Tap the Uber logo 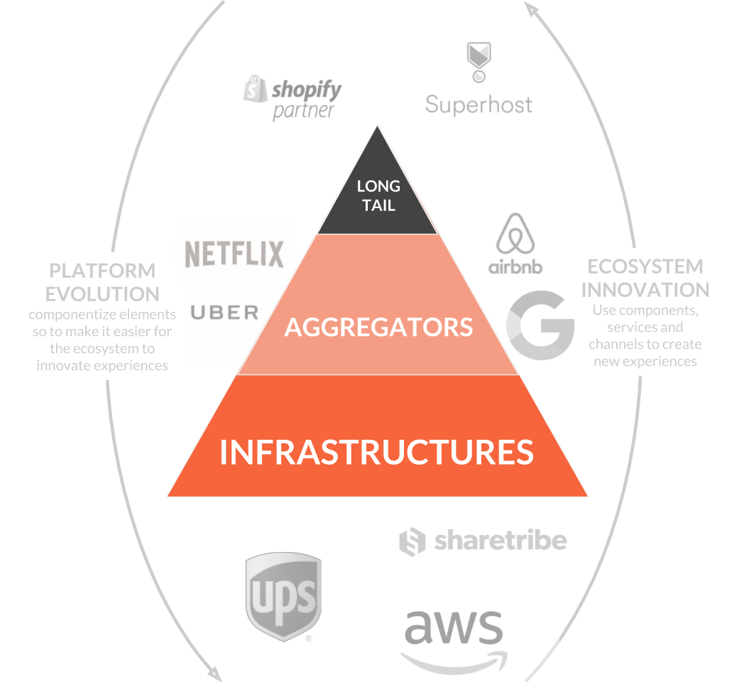[x=224, y=312]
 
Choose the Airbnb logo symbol [x=516, y=233]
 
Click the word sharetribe [x=501, y=541]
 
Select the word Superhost [x=479, y=105]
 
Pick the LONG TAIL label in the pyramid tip [x=378, y=195]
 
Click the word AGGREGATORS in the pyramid [x=378, y=327]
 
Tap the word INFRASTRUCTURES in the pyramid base [x=376, y=453]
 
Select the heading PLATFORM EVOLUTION [x=102, y=282]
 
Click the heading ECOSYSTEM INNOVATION [x=645, y=278]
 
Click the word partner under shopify [x=303, y=111]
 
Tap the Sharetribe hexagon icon [x=412, y=542]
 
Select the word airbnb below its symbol [x=515, y=267]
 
